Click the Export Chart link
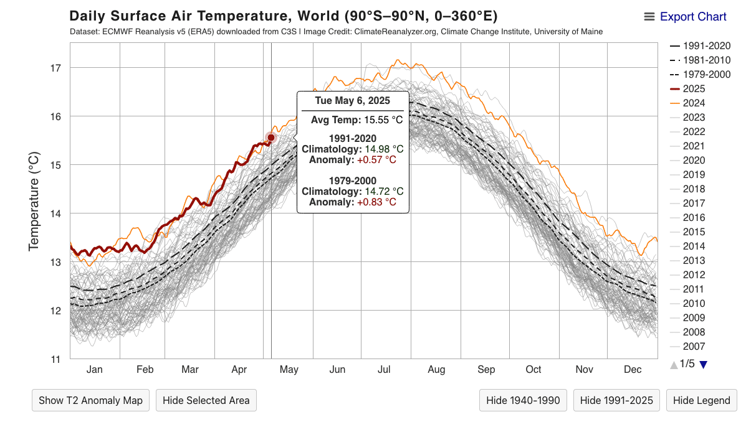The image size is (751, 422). [x=692, y=17]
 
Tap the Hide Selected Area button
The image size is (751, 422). [x=206, y=400]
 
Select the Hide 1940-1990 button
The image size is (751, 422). [x=523, y=400]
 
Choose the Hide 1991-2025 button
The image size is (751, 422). [x=616, y=400]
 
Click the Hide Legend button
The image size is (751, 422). [x=701, y=400]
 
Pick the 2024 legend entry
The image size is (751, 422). [x=694, y=103]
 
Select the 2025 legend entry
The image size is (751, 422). [x=694, y=89]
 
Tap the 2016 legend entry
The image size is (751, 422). [x=694, y=218]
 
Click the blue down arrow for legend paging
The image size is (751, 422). [x=704, y=365]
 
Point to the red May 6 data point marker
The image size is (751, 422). [x=271, y=138]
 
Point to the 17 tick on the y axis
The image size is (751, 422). [x=56, y=68]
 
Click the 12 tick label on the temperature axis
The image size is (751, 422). [x=56, y=311]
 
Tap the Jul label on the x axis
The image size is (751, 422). [x=384, y=370]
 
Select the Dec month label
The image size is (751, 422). [x=633, y=370]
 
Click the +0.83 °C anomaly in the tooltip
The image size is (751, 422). [x=376, y=202]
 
